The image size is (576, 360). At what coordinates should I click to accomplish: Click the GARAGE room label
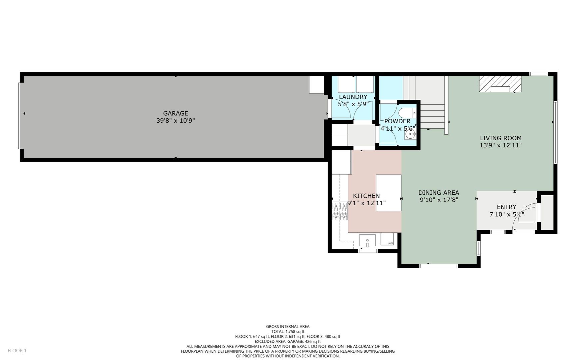[x=176, y=113]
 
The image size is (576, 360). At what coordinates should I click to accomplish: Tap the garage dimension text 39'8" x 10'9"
[x=176, y=121]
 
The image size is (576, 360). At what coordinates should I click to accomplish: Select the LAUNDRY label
[x=353, y=97]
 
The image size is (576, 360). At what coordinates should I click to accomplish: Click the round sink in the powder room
[x=409, y=135]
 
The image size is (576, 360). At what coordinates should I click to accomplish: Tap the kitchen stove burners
[x=340, y=211]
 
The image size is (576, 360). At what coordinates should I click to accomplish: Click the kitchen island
[x=388, y=193]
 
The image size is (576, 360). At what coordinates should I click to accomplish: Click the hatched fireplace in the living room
[x=500, y=84]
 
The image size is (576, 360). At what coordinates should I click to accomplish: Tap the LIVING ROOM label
[x=501, y=138]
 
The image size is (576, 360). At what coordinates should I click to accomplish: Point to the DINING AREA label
[x=439, y=193]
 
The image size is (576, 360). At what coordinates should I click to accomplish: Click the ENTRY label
[x=506, y=207]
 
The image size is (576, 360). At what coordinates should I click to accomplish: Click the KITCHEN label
[x=366, y=196]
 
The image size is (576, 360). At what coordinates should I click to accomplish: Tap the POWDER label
[x=397, y=121]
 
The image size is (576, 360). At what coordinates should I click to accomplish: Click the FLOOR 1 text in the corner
[x=17, y=350]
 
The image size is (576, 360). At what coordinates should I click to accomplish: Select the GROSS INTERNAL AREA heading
[x=288, y=327]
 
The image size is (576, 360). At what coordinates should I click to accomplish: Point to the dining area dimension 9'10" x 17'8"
[x=439, y=200]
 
